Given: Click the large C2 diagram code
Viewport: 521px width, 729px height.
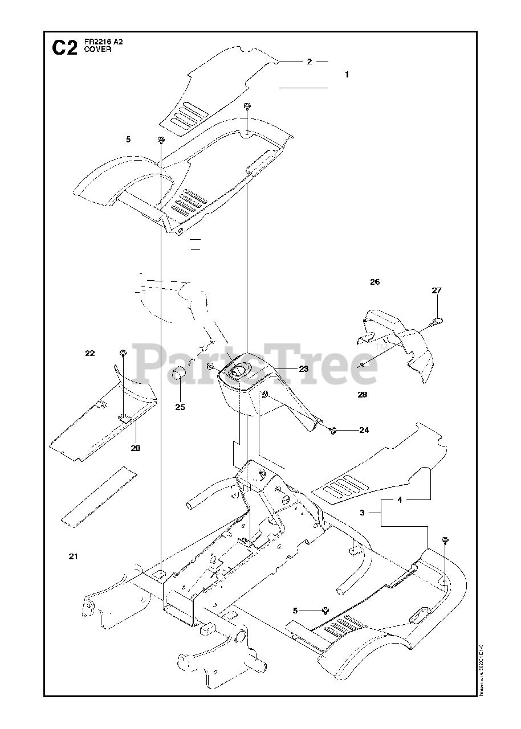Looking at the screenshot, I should [64, 48].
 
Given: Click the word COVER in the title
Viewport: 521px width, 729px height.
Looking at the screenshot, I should [95, 50].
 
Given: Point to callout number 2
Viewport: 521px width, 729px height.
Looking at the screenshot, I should [310, 62].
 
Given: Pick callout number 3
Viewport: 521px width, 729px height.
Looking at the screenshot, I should [363, 513].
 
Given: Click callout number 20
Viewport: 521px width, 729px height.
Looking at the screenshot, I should [135, 448].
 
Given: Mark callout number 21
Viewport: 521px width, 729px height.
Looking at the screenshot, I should [73, 556].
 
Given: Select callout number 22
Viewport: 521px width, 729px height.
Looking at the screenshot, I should [89, 354].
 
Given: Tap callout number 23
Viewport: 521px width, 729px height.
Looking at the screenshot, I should [303, 369].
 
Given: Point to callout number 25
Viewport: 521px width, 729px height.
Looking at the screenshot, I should [180, 407].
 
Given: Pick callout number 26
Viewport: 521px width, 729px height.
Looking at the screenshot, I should [375, 282].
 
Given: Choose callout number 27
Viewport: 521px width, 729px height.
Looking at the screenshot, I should [437, 290].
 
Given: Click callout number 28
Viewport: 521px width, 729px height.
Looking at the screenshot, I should [362, 395].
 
